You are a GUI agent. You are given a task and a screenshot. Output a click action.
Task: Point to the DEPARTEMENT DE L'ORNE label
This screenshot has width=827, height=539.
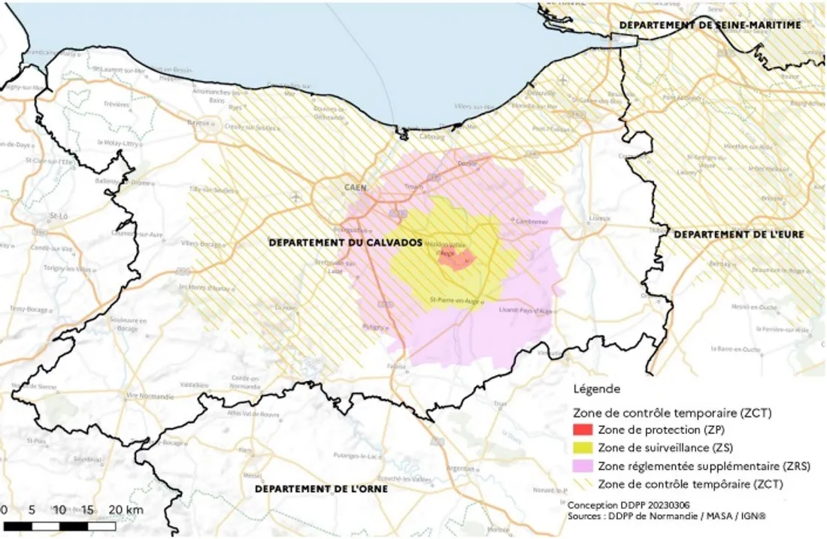point(321,489)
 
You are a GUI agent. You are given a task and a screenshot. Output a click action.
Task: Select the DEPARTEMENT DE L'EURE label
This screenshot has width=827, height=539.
point(738,235)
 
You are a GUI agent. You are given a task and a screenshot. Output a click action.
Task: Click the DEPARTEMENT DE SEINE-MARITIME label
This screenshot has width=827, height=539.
point(710,25)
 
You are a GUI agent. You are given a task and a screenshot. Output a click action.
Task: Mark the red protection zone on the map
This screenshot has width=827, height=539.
point(456,259)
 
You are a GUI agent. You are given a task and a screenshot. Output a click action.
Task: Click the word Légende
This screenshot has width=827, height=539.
point(596,389)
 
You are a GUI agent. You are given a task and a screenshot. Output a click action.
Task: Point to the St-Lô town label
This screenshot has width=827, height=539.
point(59,216)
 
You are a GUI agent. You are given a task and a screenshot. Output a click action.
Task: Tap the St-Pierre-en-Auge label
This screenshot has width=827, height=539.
point(454,301)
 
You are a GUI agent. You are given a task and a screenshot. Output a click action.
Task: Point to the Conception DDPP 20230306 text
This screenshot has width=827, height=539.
point(618,505)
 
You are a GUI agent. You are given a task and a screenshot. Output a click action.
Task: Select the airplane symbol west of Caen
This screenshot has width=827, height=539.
point(295,197)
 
